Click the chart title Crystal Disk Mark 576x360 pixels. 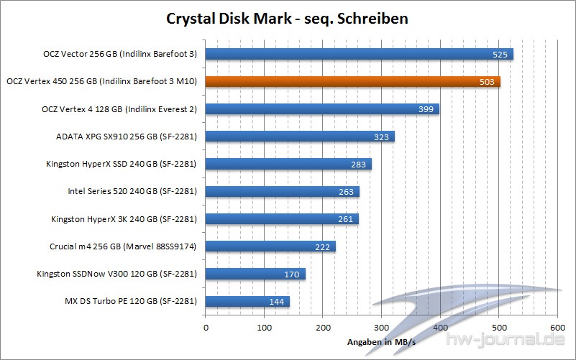pyautogui.click(x=288, y=17)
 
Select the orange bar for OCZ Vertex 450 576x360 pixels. pyautogui.click(x=352, y=81)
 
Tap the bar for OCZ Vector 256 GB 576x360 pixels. pyautogui.click(x=360, y=54)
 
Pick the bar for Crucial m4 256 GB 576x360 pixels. pyautogui.click(x=270, y=246)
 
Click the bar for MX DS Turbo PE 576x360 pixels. pyautogui.click(x=247, y=302)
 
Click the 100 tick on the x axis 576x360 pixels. pyautogui.click(x=265, y=328)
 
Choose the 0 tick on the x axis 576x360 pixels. pyautogui.click(x=206, y=328)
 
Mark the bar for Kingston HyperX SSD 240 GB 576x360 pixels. pyautogui.click(x=288, y=164)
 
